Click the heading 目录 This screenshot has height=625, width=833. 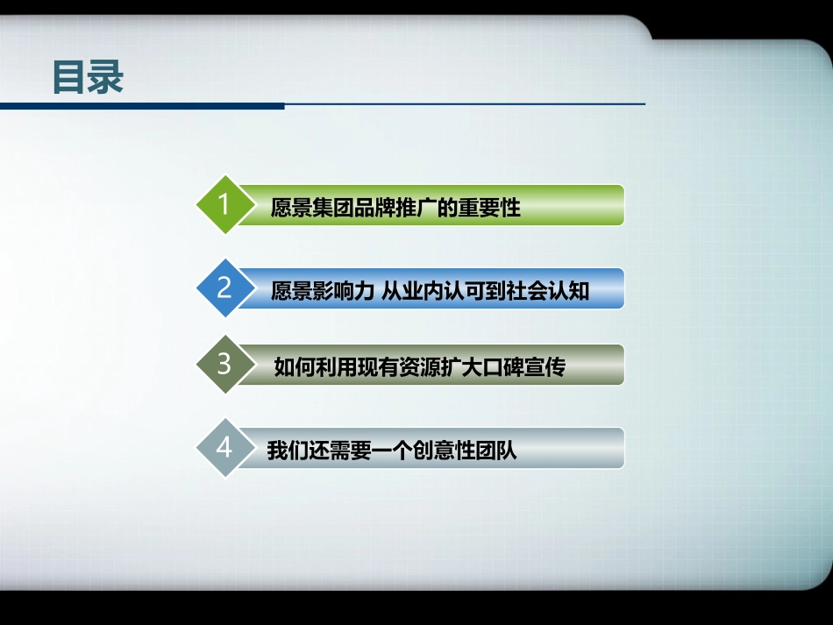(x=88, y=77)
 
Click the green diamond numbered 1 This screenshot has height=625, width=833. (x=224, y=205)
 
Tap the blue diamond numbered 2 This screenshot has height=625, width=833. (x=224, y=288)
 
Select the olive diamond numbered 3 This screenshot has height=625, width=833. (x=224, y=365)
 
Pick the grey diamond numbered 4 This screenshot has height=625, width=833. (x=224, y=449)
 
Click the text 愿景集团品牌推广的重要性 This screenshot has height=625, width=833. (x=395, y=208)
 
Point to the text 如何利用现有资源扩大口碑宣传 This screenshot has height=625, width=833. (x=419, y=366)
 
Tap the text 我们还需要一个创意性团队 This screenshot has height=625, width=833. (x=392, y=451)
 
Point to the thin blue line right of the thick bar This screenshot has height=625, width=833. (x=465, y=104)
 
